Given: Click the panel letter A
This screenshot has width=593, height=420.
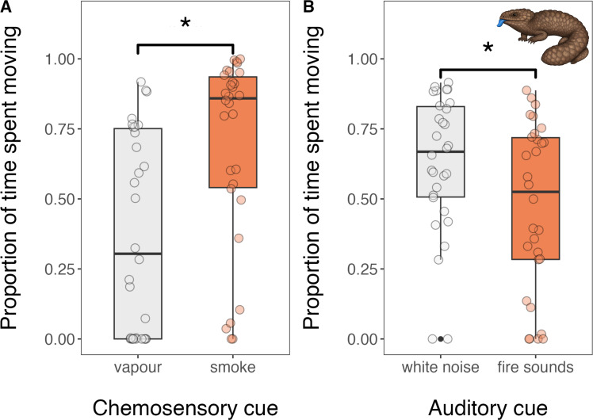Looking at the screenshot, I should click(x=5, y=6).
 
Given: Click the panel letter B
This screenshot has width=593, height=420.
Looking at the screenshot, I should click(x=301, y=6).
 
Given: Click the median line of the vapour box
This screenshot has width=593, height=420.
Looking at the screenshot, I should click(x=138, y=254).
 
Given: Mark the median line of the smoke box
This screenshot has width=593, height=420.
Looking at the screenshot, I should click(x=232, y=97).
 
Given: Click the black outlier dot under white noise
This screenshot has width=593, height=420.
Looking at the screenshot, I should click(x=441, y=338).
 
